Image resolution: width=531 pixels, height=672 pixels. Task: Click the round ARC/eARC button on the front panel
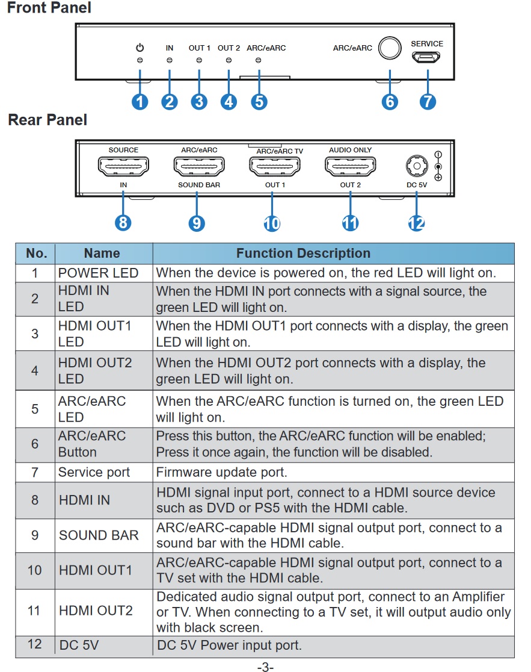390,48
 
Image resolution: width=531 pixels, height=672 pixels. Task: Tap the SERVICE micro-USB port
426,57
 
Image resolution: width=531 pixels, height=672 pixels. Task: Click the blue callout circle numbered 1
140,102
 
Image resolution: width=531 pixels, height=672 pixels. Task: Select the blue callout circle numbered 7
428,102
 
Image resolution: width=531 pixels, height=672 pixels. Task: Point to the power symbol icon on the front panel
140,48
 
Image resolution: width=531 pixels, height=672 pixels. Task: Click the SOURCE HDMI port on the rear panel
123,166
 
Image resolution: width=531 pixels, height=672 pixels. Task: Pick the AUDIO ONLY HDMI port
351,166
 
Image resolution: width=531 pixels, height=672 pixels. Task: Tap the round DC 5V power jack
417,166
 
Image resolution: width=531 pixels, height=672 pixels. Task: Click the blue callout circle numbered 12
416,223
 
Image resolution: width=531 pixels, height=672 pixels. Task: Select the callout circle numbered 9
197,223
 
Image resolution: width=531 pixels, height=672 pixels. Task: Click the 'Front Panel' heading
49,8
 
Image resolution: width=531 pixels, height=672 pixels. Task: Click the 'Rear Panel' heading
48,120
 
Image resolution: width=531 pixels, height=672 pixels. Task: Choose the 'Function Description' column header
303,254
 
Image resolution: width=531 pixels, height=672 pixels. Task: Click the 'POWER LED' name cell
99,273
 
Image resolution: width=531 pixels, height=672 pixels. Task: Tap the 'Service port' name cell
94,472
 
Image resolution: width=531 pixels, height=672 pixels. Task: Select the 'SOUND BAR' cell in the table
99,535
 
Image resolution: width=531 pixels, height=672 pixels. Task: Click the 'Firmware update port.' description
222,472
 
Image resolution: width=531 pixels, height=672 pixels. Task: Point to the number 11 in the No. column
34,611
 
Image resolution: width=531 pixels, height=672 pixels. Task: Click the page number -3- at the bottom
265,667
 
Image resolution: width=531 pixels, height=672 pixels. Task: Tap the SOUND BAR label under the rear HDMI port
199,185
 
